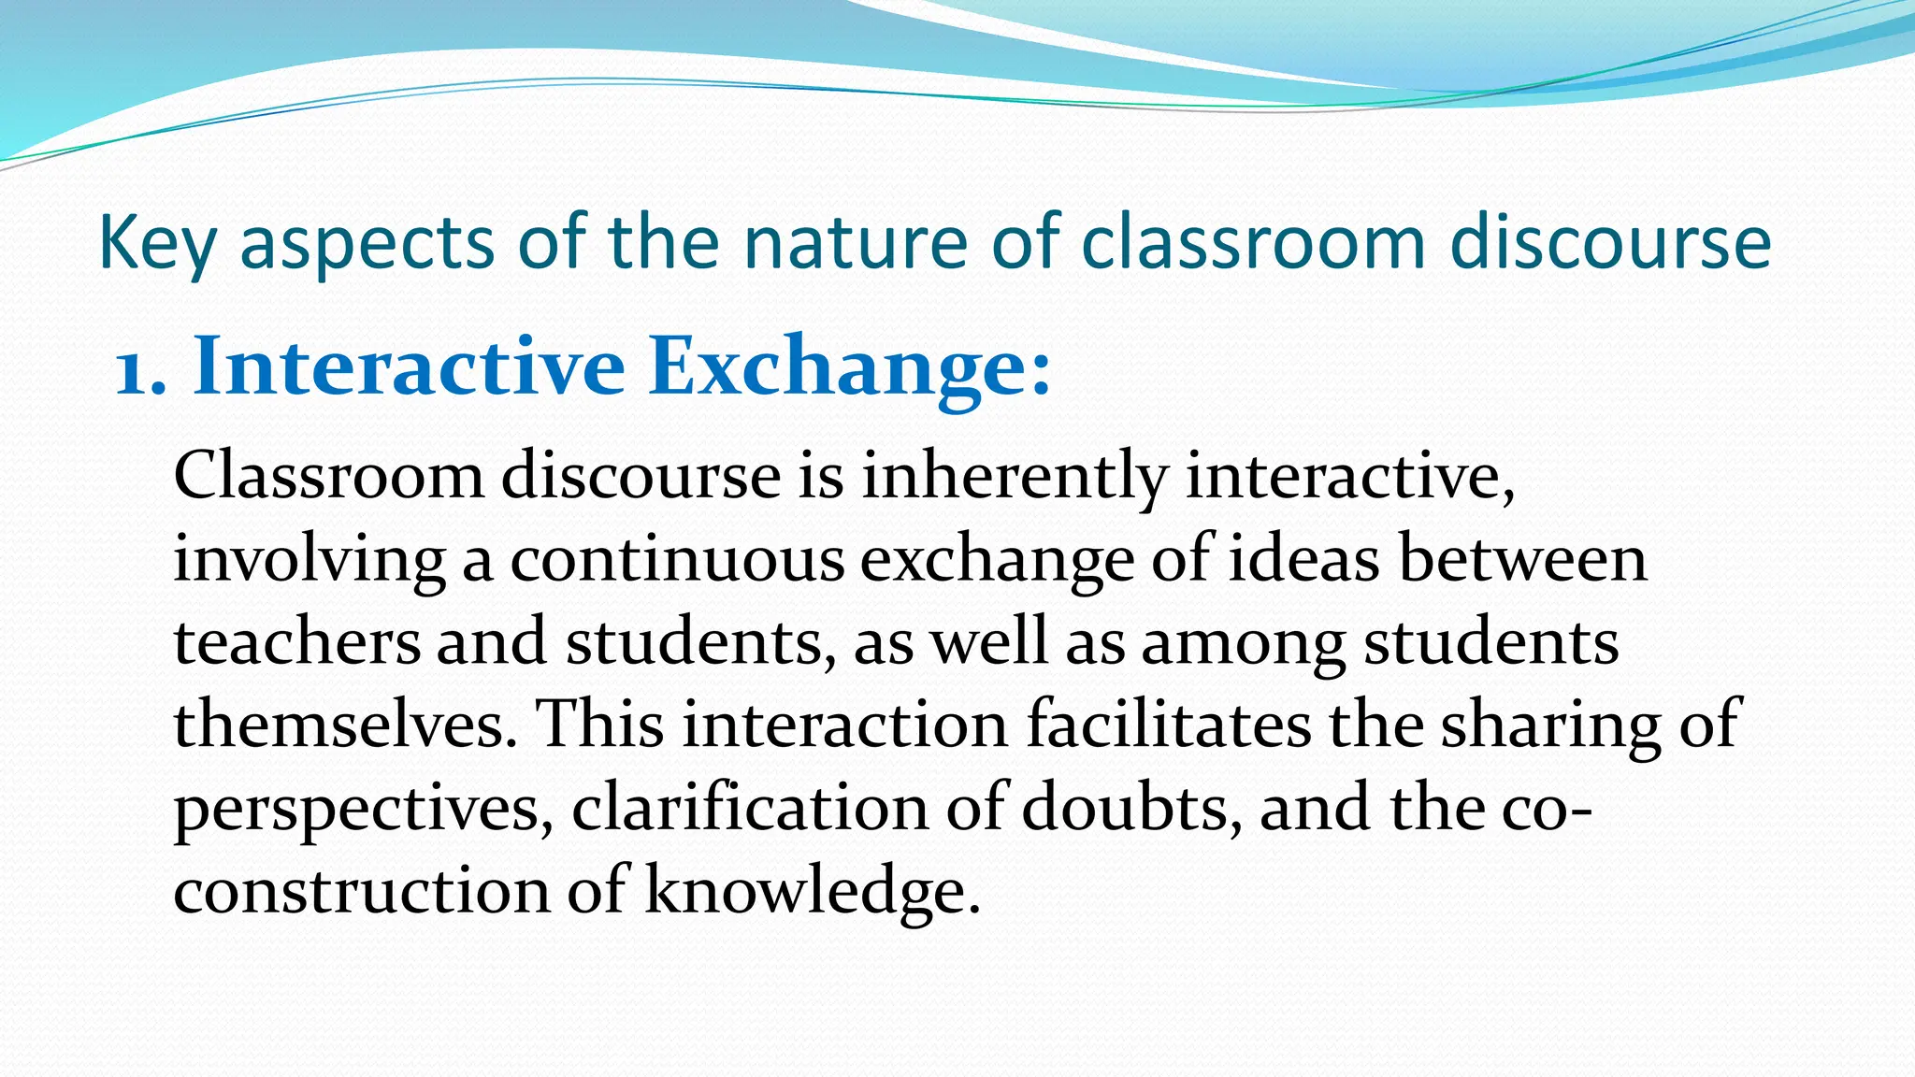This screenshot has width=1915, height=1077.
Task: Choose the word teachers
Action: [x=297, y=642]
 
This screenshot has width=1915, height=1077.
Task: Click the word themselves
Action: [x=344, y=725]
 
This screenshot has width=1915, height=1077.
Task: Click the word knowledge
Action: [x=812, y=892]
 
